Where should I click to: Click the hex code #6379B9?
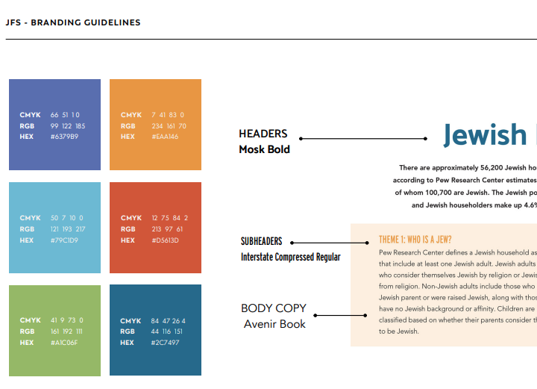pyautogui.click(x=64, y=137)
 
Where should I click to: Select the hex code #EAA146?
pyautogui.click(x=165, y=137)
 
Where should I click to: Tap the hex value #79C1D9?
pyautogui.click(x=64, y=240)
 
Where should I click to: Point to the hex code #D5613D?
pyautogui.click(x=166, y=240)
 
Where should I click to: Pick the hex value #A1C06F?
pyautogui.click(x=64, y=343)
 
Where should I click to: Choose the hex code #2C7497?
pyautogui.click(x=165, y=343)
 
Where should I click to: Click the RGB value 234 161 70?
pyautogui.click(x=169, y=126)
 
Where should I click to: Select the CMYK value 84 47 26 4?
pyautogui.click(x=168, y=321)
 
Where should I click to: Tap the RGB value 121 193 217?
pyautogui.click(x=68, y=229)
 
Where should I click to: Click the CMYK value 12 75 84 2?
pyautogui.click(x=169, y=218)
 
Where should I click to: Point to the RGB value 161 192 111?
pyautogui.click(x=66, y=332)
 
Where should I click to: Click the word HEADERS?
pyautogui.click(x=263, y=134)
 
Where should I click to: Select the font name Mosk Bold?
pyautogui.click(x=264, y=149)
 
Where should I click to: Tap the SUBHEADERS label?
pyautogui.click(x=262, y=242)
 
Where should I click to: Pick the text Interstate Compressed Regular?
pyautogui.click(x=291, y=258)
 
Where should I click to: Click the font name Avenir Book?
pyautogui.click(x=274, y=324)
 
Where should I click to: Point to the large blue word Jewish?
pyautogui.click(x=485, y=135)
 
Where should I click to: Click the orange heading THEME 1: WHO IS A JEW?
pyautogui.click(x=415, y=240)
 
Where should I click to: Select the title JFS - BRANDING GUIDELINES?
pyautogui.click(x=73, y=22)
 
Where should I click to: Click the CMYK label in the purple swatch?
pyautogui.click(x=30, y=115)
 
